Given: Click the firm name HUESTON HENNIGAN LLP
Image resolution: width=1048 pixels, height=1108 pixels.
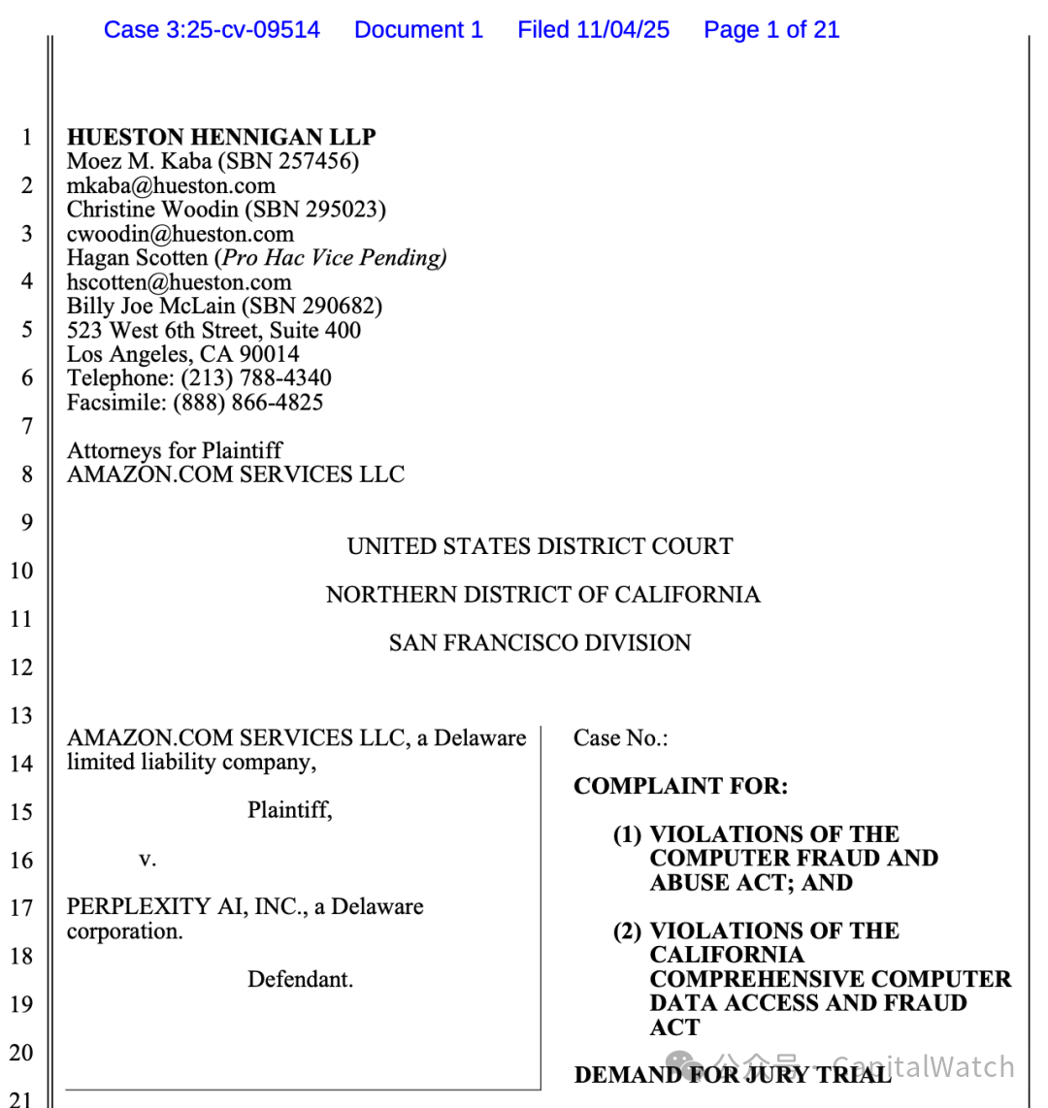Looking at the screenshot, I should (221, 137).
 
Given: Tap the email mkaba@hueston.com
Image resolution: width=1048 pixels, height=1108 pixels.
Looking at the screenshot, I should (171, 185).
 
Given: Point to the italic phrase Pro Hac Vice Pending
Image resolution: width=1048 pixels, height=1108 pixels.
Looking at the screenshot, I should (334, 258).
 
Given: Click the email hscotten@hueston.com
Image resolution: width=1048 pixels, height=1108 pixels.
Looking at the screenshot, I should (179, 282).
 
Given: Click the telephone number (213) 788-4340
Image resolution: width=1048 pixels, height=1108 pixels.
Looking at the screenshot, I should (256, 378).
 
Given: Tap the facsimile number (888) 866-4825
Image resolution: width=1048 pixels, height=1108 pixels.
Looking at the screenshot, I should (248, 403).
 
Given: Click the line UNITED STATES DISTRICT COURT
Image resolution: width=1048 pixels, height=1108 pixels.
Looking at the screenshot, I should (540, 546).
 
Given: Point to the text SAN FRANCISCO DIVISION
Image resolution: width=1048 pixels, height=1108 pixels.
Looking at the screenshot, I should (540, 643).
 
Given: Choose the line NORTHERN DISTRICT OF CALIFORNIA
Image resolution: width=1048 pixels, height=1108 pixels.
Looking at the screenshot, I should (542, 595).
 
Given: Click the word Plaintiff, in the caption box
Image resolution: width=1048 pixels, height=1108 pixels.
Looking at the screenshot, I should (289, 810).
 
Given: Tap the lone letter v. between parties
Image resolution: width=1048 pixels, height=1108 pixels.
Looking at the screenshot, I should (147, 859).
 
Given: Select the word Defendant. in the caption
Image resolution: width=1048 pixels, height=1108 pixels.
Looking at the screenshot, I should (300, 979).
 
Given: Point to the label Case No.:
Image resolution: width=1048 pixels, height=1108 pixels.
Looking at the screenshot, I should (620, 738).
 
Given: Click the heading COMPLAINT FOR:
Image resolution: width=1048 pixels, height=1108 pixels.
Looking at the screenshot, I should (680, 786).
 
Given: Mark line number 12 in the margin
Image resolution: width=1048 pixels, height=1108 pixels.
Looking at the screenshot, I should (21, 668).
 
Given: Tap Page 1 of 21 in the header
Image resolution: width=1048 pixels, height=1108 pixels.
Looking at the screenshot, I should (771, 30).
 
